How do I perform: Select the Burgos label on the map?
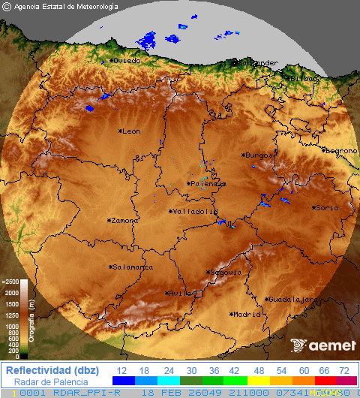pyautogui.click(x=258, y=155)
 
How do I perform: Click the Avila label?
pyautogui.click(x=180, y=294)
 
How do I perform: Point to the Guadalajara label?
pyautogui.click(x=292, y=299)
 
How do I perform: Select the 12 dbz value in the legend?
pyautogui.click(x=122, y=370)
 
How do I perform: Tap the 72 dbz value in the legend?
pyautogui.click(x=344, y=370)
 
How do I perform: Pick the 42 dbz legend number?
pyautogui.click(x=233, y=370)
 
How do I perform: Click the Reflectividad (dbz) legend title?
pyautogui.click(x=51, y=370)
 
